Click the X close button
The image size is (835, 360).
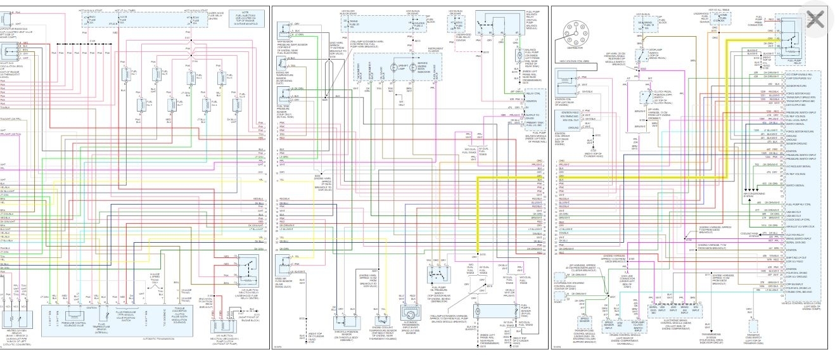[815, 19]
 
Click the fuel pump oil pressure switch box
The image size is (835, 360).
[437, 275]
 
